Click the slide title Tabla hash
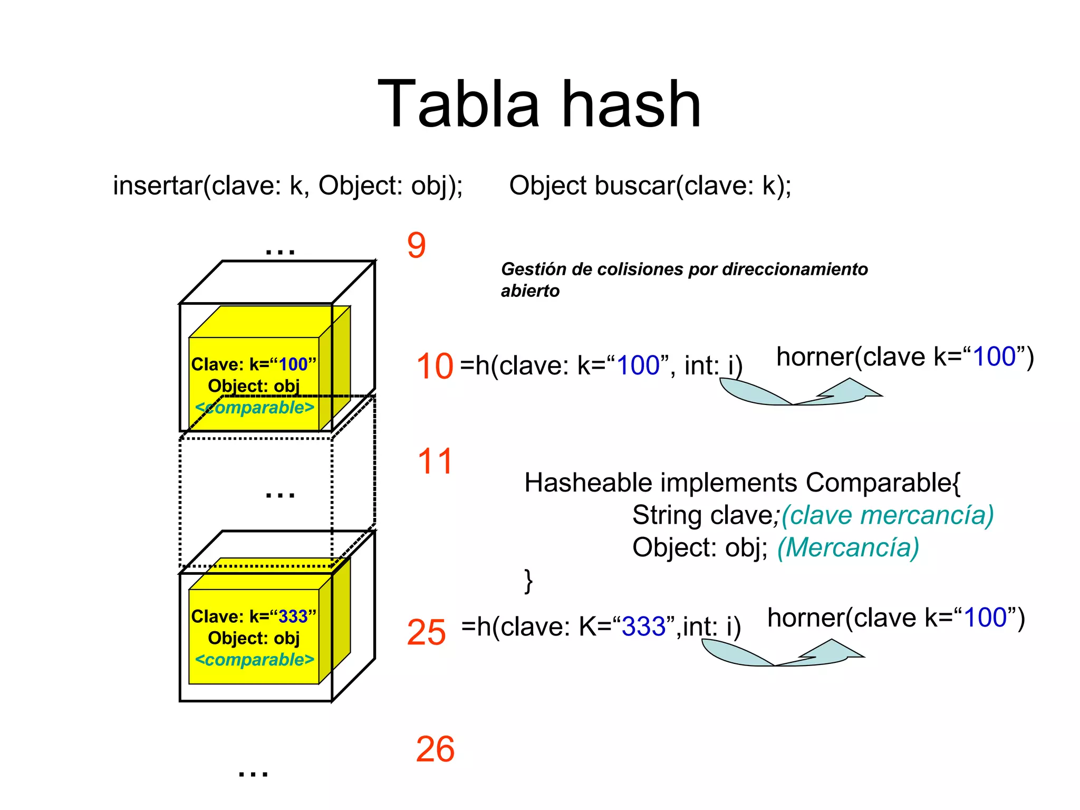(539, 104)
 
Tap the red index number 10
(435, 366)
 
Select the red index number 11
(435, 461)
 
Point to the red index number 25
(426, 632)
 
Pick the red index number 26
(435, 749)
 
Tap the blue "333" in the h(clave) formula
(644, 627)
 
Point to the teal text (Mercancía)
(848, 547)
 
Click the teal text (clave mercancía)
(888, 515)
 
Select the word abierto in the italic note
(530, 291)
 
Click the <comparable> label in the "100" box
(254, 408)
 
